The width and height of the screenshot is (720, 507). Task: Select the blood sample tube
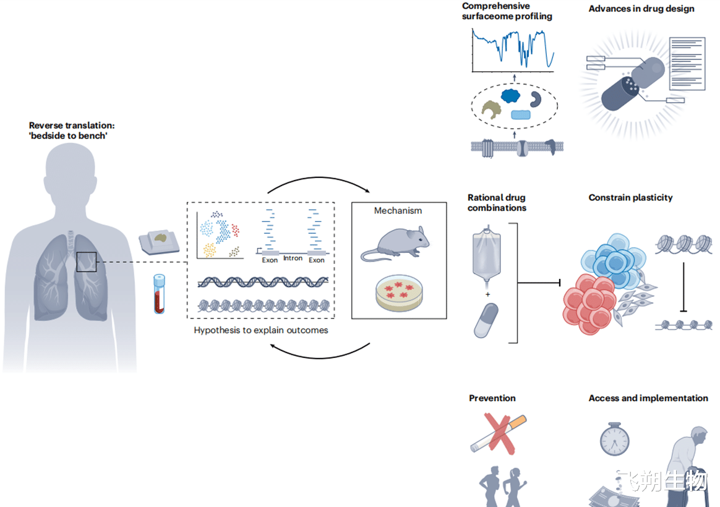tap(159, 294)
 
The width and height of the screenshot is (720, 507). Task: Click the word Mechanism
tap(398, 211)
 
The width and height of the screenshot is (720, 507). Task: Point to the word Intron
tap(293, 258)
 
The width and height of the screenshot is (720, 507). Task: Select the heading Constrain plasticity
tap(630, 198)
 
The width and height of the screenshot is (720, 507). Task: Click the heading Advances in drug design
tap(641, 9)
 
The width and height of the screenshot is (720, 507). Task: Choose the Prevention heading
tap(492, 398)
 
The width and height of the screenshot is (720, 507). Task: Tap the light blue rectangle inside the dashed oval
tap(520, 114)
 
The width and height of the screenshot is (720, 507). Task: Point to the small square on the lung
tap(87, 262)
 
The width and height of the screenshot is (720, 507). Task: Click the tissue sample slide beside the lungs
tap(160, 241)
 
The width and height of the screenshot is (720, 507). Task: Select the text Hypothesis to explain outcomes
tap(260, 330)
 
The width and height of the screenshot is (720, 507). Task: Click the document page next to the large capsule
tap(687, 64)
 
